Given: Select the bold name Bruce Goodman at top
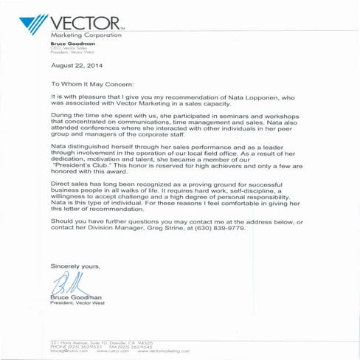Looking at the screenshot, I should [x=70, y=44].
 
